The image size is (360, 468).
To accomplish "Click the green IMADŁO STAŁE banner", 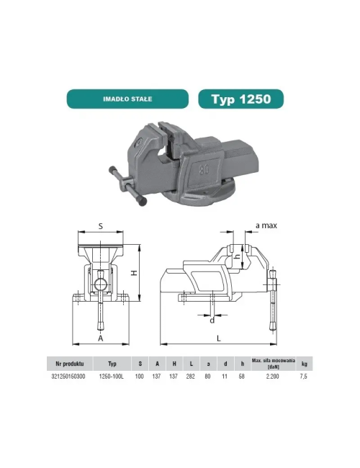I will tap(130, 99).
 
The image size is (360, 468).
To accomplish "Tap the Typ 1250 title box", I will tap(240, 99).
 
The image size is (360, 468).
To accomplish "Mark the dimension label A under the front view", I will tap(100, 337).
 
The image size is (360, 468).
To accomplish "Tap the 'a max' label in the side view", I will tap(266, 226).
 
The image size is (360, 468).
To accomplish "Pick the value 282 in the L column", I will tap(190, 375).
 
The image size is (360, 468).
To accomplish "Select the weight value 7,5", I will tap(305, 375).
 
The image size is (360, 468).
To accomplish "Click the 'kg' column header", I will tap(305, 363).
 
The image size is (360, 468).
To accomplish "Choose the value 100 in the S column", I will tap(140, 375).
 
